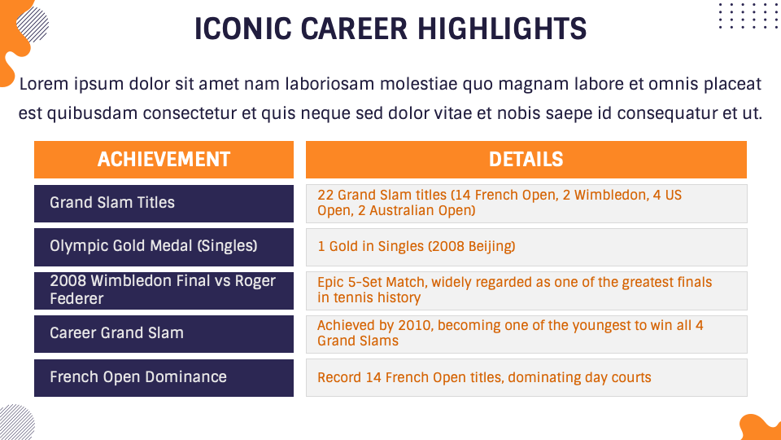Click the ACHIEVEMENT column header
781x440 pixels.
click(x=164, y=160)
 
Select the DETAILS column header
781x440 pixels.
click(x=526, y=160)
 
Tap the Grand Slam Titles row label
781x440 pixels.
click(x=164, y=204)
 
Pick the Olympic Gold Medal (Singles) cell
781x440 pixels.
click(x=164, y=247)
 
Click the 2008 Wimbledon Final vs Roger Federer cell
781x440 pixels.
click(x=164, y=290)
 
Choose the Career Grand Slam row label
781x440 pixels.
click(x=164, y=334)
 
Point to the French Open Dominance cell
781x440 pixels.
click(x=164, y=377)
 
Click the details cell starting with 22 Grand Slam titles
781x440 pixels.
click(x=526, y=204)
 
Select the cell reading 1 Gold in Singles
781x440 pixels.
click(x=526, y=247)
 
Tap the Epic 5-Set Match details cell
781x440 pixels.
click(x=526, y=291)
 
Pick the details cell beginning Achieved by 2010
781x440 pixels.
click(x=526, y=334)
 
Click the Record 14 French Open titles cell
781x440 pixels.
click(x=526, y=377)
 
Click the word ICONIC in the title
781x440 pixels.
click(x=242, y=29)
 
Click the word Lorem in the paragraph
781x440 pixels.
click(x=44, y=84)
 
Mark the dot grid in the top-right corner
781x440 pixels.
click(x=748, y=15)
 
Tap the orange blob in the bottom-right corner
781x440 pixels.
click(x=761, y=428)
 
